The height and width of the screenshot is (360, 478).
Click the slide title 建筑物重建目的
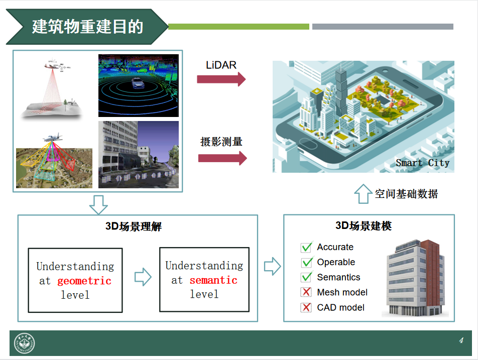(x=87, y=27)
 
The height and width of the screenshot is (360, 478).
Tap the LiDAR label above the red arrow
(x=221, y=65)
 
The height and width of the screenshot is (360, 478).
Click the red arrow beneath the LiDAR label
(x=221, y=79)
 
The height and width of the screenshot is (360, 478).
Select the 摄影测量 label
(x=221, y=142)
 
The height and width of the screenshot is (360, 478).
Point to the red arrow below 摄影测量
(x=222, y=158)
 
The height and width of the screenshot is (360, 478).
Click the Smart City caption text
(x=423, y=163)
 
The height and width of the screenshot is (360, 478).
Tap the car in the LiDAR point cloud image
(x=138, y=83)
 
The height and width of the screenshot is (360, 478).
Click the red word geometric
(x=84, y=281)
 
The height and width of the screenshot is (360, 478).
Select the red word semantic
(x=213, y=280)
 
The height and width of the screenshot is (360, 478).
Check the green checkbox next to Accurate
(x=306, y=247)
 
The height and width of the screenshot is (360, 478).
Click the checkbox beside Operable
(x=306, y=262)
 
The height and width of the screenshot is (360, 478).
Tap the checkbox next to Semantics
(x=306, y=277)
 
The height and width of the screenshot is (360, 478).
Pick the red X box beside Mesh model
(x=306, y=292)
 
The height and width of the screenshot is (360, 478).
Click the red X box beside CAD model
(x=306, y=307)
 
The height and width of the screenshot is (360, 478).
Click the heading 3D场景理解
(x=134, y=226)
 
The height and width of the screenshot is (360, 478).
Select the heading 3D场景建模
(x=364, y=226)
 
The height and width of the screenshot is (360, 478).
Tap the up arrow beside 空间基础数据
(x=363, y=194)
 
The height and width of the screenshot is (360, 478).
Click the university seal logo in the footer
(x=25, y=343)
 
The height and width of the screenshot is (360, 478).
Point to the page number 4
(x=461, y=340)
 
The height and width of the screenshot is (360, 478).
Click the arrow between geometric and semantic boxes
(x=143, y=277)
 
